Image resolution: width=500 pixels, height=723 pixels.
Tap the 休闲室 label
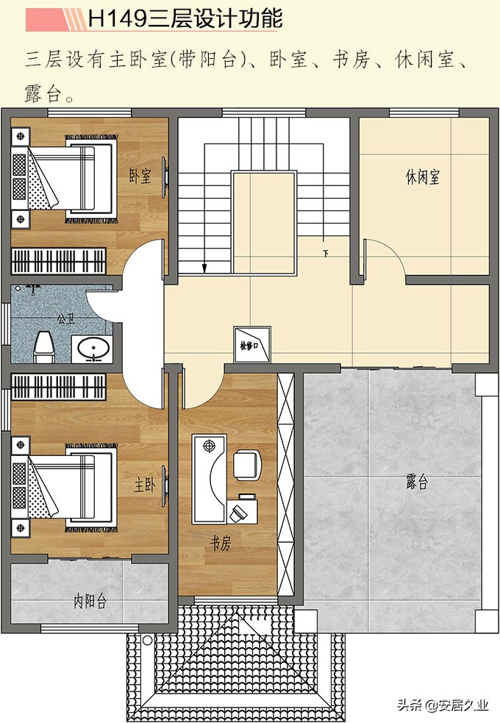(x=422, y=177)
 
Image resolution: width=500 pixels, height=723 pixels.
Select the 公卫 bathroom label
(x=65, y=320)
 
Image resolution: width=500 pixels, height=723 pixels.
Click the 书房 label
(x=221, y=544)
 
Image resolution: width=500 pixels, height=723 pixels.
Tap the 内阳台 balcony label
(x=90, y=601)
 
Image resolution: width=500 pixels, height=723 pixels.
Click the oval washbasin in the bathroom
(x=93, y=348)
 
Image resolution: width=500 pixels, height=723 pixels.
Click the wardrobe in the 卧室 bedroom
(x=59, y=261)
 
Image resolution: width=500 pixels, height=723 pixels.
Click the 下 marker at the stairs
(x=324, y=254)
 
